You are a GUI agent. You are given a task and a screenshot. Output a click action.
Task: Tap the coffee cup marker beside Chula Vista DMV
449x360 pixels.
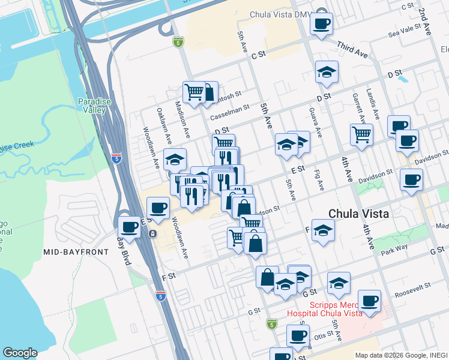321,24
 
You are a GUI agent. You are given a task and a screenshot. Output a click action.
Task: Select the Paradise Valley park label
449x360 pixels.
95,106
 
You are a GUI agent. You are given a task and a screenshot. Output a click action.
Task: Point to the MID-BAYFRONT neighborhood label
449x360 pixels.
76,252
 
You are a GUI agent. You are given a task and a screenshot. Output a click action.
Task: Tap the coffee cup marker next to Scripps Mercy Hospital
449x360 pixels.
369,301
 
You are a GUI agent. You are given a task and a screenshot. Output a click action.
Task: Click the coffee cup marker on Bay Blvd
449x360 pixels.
130,226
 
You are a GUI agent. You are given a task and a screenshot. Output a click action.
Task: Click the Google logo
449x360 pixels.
20,353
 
